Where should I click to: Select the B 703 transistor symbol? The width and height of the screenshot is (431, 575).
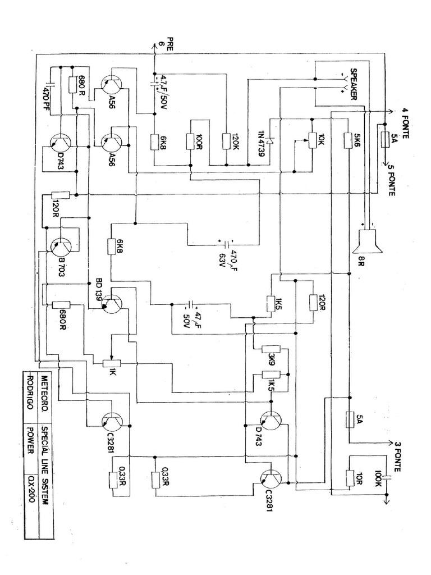tap(61, 245)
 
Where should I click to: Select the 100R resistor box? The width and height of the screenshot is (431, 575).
tap(191, 140)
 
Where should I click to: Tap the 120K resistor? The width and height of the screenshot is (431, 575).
tap(227, 140)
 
